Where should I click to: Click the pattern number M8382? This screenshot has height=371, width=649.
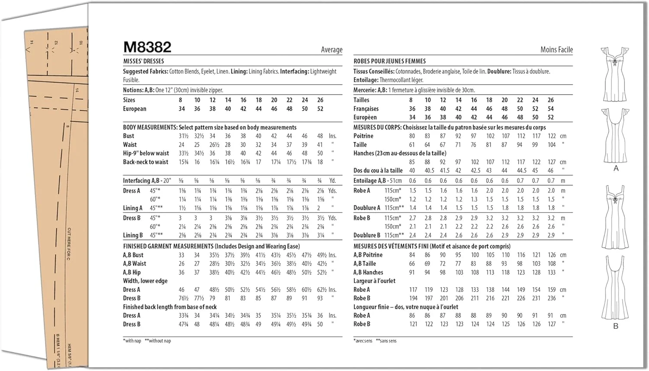(147, 47)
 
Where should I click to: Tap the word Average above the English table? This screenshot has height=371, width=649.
(331, 50)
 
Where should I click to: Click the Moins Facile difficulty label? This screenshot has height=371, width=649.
(556, 50)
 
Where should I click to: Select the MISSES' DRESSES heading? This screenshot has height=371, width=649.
(143, 61)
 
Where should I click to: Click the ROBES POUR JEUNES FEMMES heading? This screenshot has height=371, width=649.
(389, 61)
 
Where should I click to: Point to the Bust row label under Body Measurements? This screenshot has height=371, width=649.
(129, 136)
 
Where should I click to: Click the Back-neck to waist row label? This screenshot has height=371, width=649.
(145, 162)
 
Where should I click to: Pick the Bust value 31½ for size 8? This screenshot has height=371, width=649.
(183, 136)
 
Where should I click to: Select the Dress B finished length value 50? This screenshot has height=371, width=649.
(320, 324)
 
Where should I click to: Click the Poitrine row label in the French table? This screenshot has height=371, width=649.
(363, 136)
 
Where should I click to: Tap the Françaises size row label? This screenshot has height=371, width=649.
(366, 109)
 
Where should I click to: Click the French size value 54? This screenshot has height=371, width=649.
(550, 109)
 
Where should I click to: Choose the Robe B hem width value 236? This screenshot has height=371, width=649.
(551, 298)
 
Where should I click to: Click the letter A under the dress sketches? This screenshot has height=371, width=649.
(616, 168)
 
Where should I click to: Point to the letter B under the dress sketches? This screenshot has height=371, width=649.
(616, 326)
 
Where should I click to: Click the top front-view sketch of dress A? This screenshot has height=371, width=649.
(614, 74)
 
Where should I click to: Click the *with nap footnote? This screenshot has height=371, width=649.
(132, 341)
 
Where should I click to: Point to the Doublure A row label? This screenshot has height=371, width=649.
(366, 208)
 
